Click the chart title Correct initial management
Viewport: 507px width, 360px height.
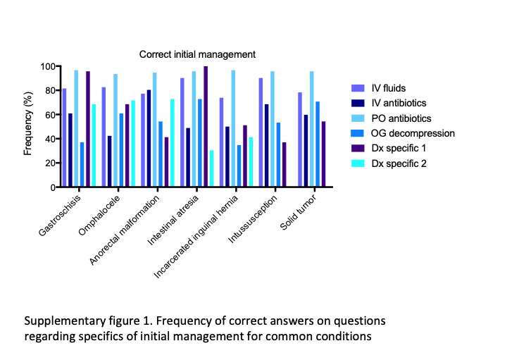coord(196,54)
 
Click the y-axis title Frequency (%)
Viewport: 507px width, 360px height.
coord(28,128)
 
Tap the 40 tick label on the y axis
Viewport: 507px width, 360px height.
coord(49,139)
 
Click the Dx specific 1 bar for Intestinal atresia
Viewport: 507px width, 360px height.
coord(206,127)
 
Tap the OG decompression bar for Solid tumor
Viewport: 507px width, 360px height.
coord(317,144)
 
